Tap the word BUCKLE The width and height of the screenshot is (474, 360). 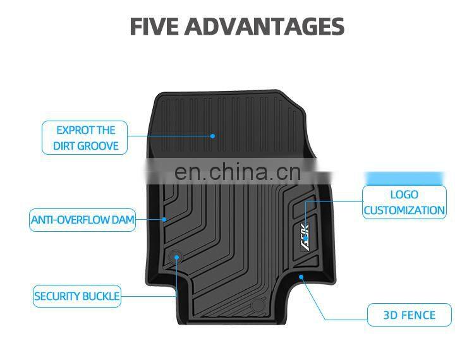(102, 296)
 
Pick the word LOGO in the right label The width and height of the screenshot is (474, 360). (404, 195)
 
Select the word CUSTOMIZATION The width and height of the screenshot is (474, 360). (404, 210)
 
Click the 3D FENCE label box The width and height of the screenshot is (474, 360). (410, 315)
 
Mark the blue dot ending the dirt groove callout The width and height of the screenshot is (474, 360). (213, 136)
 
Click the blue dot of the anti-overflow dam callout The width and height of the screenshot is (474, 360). (164, 220)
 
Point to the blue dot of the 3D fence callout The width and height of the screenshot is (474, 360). (301, 276)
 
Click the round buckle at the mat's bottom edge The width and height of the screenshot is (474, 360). (257, 306)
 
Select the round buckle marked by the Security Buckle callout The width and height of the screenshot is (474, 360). (177, 256)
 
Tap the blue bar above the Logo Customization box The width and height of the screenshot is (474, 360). (404, 177)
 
